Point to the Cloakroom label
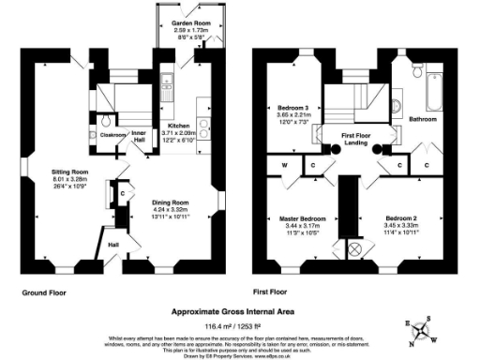pos(113,135)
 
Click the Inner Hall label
pos(140,135)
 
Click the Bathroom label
pos(424,119)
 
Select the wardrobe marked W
pos(284,167)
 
